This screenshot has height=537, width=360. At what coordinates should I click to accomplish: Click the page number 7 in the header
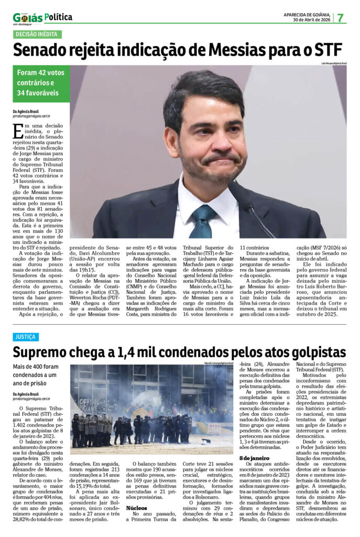pos(340,17)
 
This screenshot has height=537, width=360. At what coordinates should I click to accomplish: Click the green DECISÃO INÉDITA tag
pos(37,35)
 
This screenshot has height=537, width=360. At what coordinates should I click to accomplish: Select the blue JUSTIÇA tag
pos(26,337)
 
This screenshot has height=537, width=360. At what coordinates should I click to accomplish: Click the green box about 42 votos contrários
pos(41,83)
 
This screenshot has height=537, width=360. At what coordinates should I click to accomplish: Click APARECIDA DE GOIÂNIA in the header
pos(307,14)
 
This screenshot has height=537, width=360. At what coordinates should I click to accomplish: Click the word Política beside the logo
pos(58,17)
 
